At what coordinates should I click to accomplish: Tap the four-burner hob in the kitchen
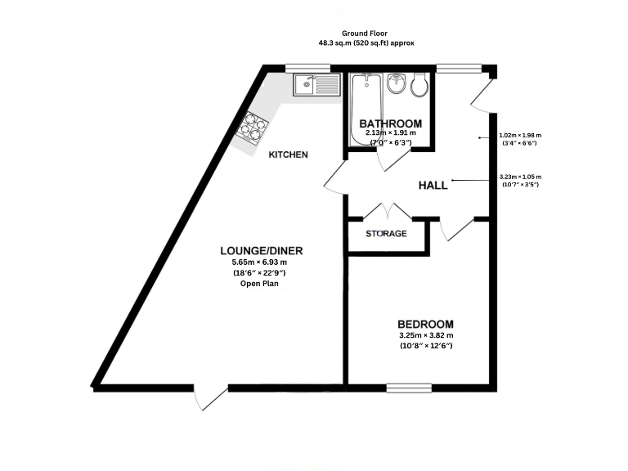tap(253, 128)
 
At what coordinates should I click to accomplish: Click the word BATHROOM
tap(388, 123)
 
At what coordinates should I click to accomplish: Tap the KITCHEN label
tap(289, 155)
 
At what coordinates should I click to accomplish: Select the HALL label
tap(433, 186)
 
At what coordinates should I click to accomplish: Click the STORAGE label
tap(385, 234)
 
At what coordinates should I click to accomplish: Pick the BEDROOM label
tap(425, 324)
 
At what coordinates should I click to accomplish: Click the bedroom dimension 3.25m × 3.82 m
tap(424, 335)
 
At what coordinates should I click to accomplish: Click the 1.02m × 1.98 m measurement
tap(518, 135)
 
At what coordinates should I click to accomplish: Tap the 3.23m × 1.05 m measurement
tap(518, 177)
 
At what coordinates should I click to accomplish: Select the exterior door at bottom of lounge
tap(210, 396)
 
